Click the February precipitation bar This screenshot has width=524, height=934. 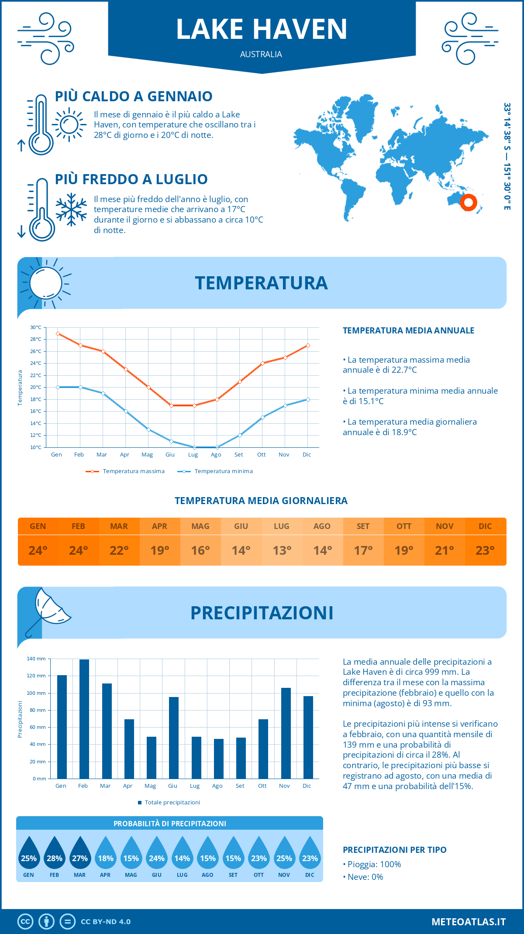tap(84, 719)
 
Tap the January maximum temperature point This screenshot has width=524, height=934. tap(58, 333)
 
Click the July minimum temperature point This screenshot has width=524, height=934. tap(194, 447)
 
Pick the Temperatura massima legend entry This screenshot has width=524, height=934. tap(126, 471)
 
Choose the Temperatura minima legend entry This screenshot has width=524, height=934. tap(216, 471)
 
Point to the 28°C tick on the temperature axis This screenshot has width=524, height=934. tap(36, 339)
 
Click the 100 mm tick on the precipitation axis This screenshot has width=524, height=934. tap(36, 693)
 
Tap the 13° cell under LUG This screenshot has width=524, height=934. tap(282, 550)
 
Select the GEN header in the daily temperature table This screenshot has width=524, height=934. tap(38, 526)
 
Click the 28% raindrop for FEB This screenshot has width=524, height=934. tap(54, 853)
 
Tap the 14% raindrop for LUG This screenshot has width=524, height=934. tap(182, 853)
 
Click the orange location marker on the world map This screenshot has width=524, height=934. tap(469, 203)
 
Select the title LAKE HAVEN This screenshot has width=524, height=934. tap(262, 29)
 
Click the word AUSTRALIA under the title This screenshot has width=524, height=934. tap(261, 54)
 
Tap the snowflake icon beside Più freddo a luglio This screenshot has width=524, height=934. tap(71, 209)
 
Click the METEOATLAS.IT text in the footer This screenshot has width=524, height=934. tap(468, 922)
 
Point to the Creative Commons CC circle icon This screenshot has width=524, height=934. tap(25, 922)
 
